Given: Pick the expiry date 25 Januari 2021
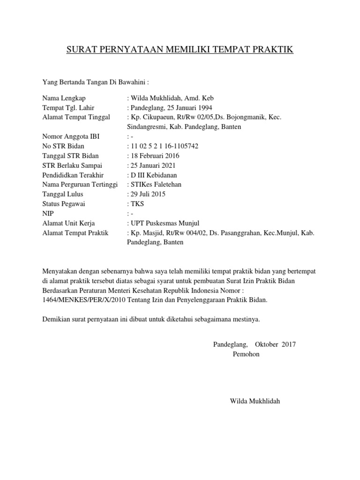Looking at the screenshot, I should (153, 165).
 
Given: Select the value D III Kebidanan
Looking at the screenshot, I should (154, 175).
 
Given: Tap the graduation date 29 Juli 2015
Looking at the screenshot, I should (148, 194).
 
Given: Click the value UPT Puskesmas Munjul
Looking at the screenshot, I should (162, 223).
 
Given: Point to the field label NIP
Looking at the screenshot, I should (48, 213).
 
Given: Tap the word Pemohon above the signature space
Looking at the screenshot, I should (246, 354).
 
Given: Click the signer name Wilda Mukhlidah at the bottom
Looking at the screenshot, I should (255, 401).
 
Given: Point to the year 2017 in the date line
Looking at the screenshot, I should (289, 345).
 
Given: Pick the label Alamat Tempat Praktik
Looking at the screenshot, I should (75, 232).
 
